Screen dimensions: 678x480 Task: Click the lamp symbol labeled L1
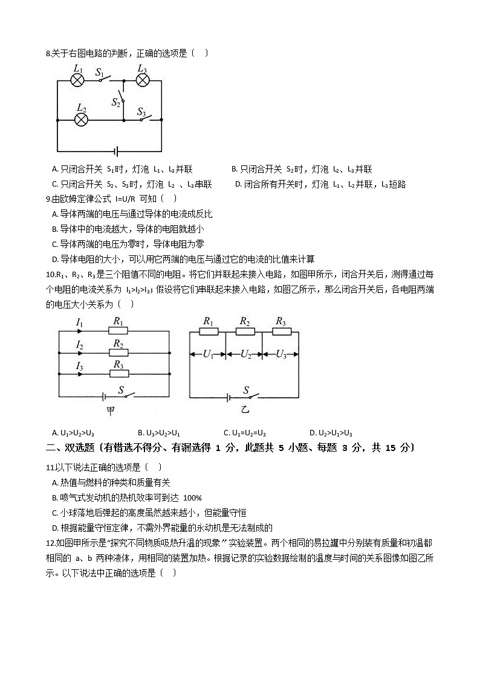(x=77, y=80)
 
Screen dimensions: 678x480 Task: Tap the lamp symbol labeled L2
(x=81, y=120)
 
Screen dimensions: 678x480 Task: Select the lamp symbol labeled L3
(x=142, y=80)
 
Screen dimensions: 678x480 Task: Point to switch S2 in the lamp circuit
(x=122, y=99)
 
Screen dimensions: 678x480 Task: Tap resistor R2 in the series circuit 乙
(x=244, y=331)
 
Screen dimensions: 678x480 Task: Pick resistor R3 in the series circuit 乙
(x=281, y=331)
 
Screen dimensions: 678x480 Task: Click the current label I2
(x=79, y=345)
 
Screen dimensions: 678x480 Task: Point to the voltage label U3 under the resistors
(x=281, y=355)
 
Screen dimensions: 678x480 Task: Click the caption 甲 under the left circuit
(x=111, y=411)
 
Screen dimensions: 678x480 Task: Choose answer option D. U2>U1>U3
(x=331, y=433)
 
